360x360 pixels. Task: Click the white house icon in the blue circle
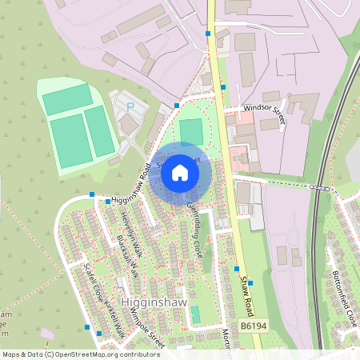click(x=180, y=172)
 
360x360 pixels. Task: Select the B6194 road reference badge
click(x=253, y=326)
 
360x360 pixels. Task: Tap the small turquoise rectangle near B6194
click(x=196, y=314)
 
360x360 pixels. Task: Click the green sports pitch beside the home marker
click(x=191, y=132)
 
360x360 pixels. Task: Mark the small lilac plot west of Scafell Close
click(x=47, y=332)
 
